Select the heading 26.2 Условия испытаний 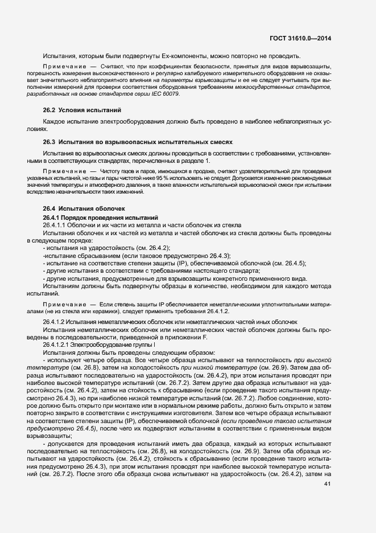pos(82,109)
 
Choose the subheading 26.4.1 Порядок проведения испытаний pos(96,218)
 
